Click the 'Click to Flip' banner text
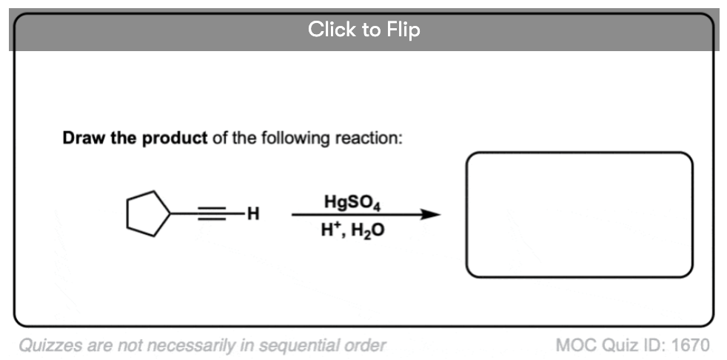coord(364,30)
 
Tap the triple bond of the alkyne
coord(212,213)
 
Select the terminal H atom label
coord(253,214)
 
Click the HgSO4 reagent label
coord(352,203)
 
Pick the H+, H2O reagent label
coord(352,229)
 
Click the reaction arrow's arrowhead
coord(430,214)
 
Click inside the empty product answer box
coord(579,215)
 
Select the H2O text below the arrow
coord(368,230)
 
